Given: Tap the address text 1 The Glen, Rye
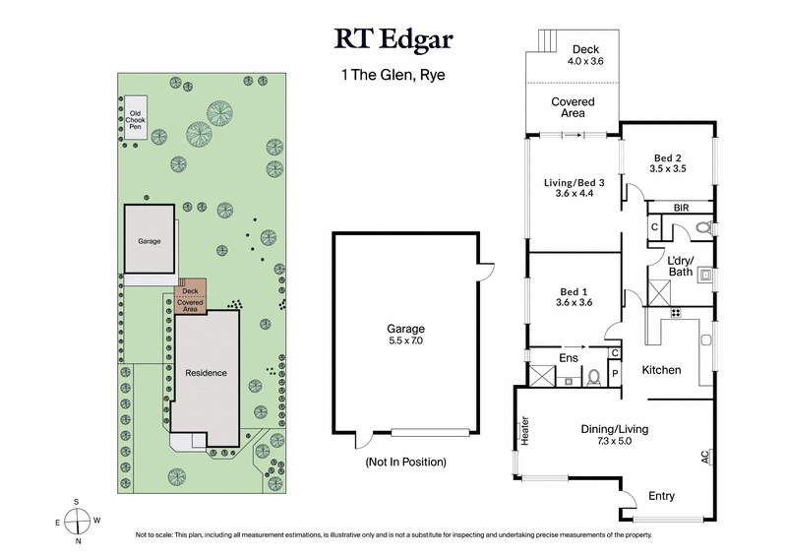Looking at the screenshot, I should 393,74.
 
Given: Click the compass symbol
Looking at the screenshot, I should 78,521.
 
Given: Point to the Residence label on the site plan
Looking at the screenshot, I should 206,373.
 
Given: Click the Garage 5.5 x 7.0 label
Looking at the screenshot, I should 404,335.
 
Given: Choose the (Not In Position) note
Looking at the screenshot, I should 404,462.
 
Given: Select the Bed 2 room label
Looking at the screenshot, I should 667,162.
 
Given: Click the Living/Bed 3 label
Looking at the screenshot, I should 575,187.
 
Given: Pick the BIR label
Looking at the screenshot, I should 681,208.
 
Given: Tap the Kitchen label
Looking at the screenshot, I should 662,369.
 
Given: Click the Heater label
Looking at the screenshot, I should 524,431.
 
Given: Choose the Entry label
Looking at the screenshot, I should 661,496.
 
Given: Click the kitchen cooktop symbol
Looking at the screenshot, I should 676,313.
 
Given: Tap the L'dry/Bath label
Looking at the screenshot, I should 681,265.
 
